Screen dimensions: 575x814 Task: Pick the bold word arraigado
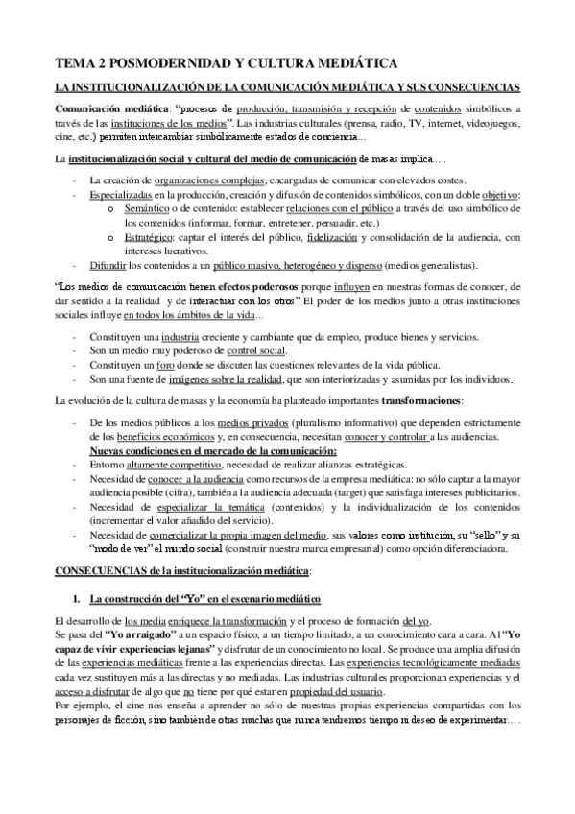click(149, 636)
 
